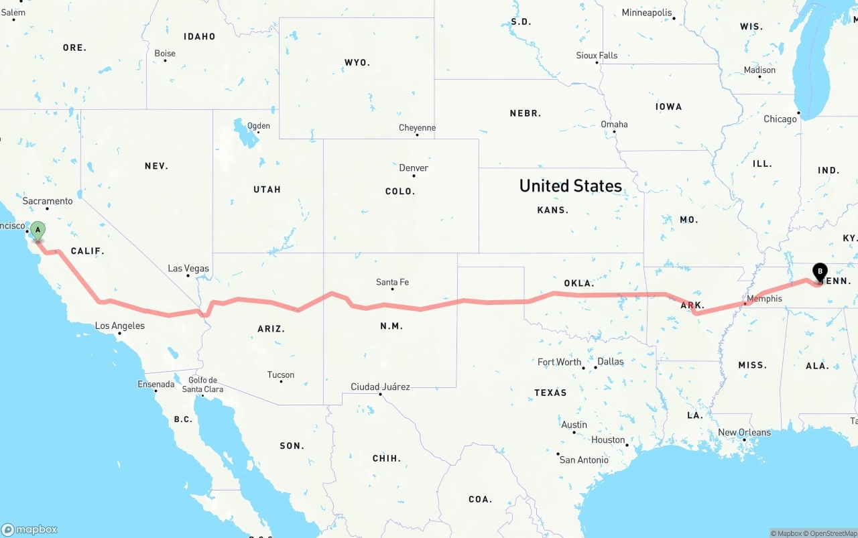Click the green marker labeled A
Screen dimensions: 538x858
38,231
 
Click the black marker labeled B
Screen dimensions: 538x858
819,272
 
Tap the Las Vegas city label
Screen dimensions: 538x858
188,269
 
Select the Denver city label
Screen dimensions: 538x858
414,168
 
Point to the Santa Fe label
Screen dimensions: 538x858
392,282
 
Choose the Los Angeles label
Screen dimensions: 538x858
120,326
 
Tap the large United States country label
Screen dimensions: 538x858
570,186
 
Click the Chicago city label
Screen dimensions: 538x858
780,119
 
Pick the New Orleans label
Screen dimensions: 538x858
744,433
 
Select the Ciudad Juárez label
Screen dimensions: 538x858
380,387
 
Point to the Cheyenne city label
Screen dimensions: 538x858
417,128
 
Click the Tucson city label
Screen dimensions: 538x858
281,375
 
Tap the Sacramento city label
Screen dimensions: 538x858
48,201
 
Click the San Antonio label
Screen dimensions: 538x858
584,460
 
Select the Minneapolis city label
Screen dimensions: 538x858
646,13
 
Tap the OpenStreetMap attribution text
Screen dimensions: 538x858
833,534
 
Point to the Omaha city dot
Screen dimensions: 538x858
614,131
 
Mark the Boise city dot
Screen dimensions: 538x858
165,61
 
